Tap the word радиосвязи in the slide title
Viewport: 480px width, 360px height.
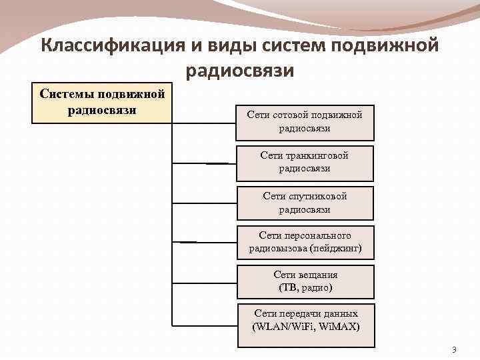pos(240,69)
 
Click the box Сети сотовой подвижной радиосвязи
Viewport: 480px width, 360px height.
pos(305,122)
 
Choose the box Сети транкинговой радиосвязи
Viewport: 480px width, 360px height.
pos(305,162)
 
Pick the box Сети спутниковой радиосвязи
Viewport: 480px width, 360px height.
pos(305,203)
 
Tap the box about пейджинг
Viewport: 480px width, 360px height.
pos(305,242)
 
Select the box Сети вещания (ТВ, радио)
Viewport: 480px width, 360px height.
pos(305,281)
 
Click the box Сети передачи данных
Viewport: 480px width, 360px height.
pos(305,320)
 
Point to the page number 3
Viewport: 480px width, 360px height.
pos(454,350)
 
